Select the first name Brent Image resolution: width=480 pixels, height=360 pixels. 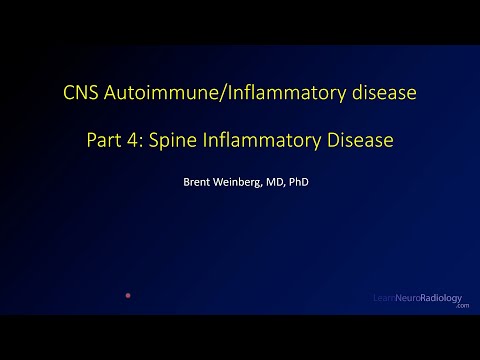[195, 183]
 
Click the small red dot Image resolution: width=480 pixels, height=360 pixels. [128, 296]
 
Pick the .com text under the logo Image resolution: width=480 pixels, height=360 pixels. [461, 307]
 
